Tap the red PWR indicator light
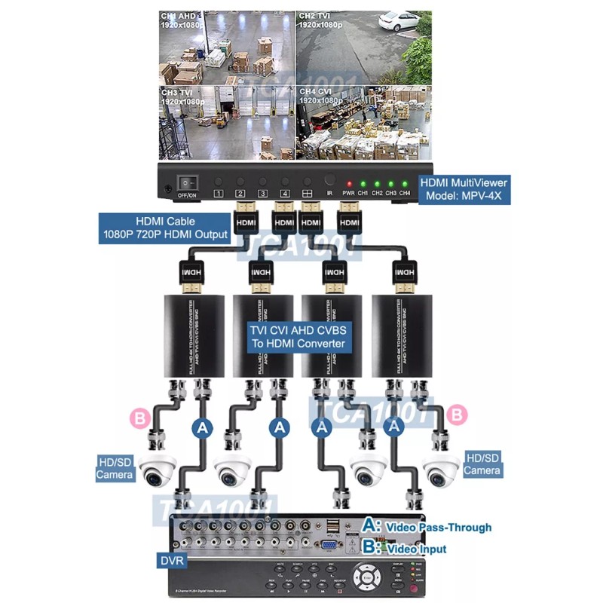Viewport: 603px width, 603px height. [x=348, y=183]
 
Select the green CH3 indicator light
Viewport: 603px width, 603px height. [x=390, y=183]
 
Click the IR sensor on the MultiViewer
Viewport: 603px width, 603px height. [x=329, y=181]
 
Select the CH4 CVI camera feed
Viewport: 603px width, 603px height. [x=363, y=122]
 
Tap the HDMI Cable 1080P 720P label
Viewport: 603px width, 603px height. [x=164, y=228]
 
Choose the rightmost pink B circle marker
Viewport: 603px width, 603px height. [x=455, y=414]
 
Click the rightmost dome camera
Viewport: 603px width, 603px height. [x=441, y=470]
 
